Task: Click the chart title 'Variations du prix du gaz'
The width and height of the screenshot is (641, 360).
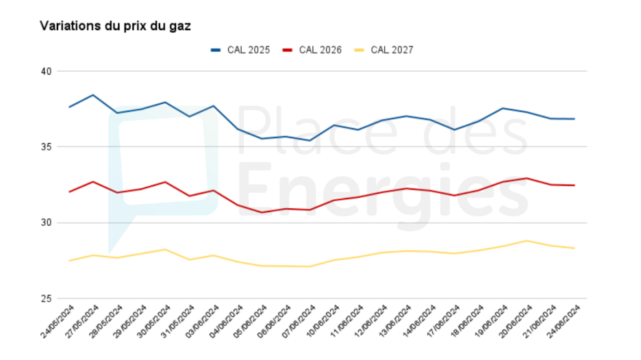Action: (115, 27)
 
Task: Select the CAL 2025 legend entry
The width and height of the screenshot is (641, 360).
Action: (240, 50)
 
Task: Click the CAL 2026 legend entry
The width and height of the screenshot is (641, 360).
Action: (312, 50)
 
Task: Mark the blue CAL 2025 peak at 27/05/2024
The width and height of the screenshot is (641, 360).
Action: (93, 95)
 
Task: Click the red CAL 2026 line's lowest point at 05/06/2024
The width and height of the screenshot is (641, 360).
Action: (262, 212)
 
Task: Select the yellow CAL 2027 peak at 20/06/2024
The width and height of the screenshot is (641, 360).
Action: (526, 241)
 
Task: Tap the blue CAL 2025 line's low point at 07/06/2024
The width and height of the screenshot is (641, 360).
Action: (310, 140)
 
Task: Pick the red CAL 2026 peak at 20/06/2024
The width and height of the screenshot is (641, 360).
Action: (526, 178)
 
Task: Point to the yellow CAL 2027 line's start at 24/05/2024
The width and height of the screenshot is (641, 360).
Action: (69, 261)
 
